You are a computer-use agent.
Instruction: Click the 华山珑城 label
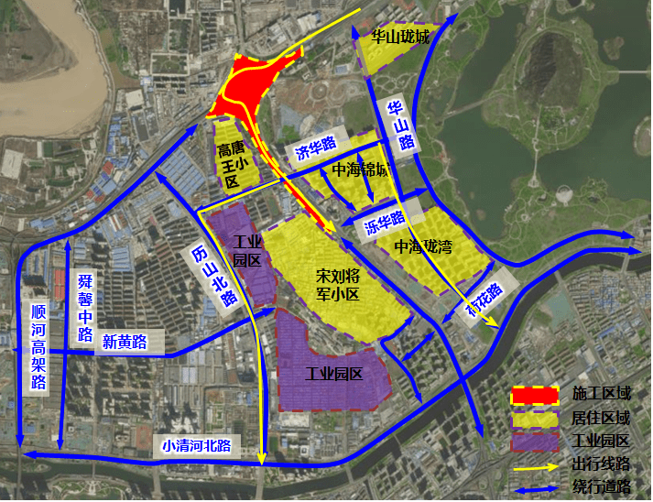pos(400,38)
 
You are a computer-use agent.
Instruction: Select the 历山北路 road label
pos(212,274)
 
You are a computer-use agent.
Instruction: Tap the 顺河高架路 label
pos(38,347)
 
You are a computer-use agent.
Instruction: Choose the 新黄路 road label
pos(125,342)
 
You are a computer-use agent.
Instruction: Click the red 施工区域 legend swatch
pos(534,396)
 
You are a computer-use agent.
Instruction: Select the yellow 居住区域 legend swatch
pos(534,419)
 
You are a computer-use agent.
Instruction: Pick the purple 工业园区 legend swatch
pos(534,442)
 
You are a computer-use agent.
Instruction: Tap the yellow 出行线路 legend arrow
pos(534,464)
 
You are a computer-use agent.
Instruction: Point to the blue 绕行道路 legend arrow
pos(534,486)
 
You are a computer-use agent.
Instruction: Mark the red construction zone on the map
pos(245,87)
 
